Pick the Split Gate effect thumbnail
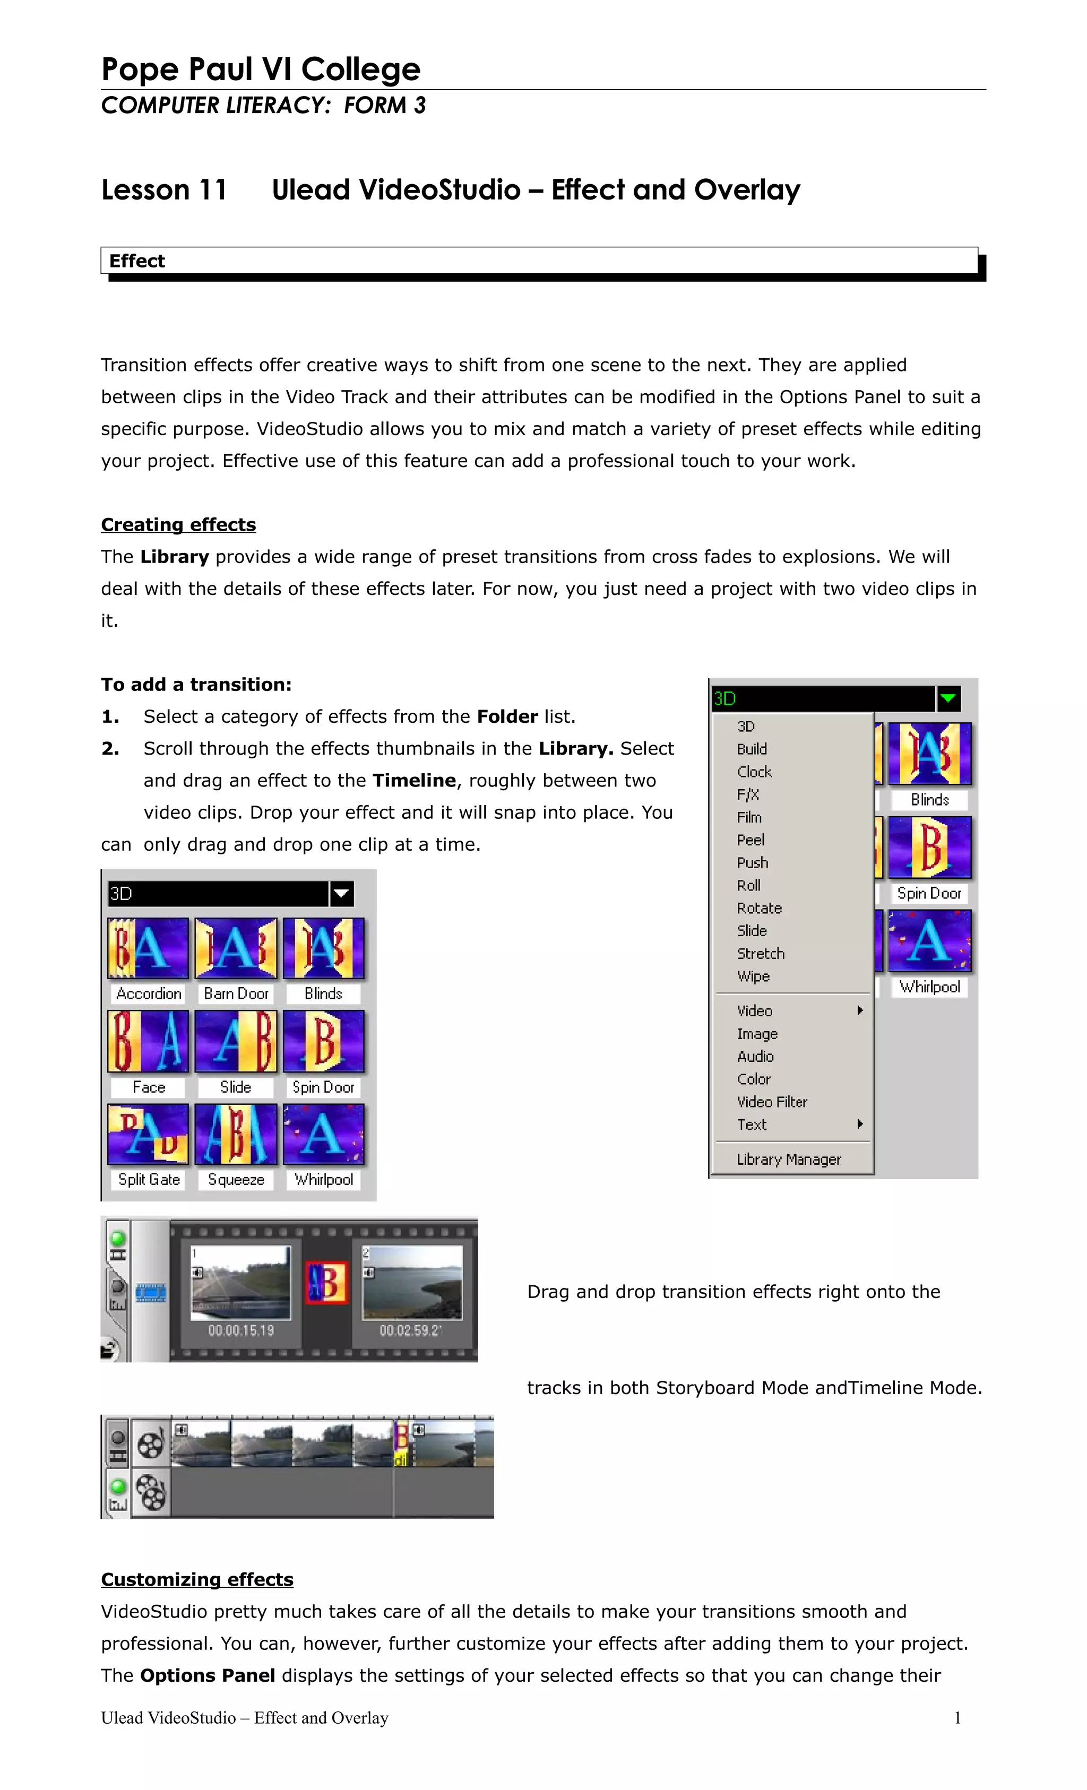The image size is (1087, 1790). click(148, 1134)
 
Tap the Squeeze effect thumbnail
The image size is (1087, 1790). click(236, 1134)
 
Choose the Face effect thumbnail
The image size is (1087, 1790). click(148, 1041)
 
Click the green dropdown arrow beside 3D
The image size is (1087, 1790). click(948, 699)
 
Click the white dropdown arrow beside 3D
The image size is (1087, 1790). click(341, 894)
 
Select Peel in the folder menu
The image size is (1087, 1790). click(750, 840)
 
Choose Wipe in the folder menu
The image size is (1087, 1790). click(753, 976)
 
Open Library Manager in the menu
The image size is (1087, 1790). click(788, 1160)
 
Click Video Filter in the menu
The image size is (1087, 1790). click(772, 1102)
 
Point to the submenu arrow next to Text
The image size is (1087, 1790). click(860, 1125)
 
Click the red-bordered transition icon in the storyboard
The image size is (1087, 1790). click(326, 1283)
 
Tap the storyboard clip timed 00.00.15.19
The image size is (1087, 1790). click(240, 1283)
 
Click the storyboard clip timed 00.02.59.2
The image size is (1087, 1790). click(412, 1283)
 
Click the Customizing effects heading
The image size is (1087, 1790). click(197, 1579)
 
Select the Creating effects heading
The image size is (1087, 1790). click(178, 524)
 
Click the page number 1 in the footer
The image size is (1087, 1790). click(957, 1717)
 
